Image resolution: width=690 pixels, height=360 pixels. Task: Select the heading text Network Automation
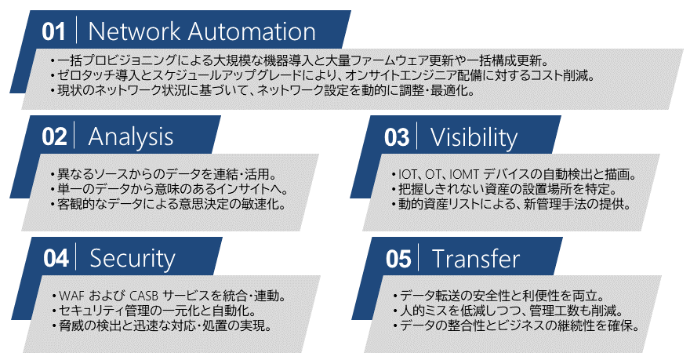pos(202,31)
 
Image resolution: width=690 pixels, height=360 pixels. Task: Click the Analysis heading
pos(130,136)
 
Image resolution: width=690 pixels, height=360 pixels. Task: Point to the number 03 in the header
pos(397,137)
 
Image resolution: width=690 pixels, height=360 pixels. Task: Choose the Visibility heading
pos(474,137)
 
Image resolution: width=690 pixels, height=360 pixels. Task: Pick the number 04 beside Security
pos(55,258)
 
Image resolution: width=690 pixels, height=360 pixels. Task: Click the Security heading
pos(133,258)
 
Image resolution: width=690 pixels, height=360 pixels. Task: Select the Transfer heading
pos(475,258)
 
